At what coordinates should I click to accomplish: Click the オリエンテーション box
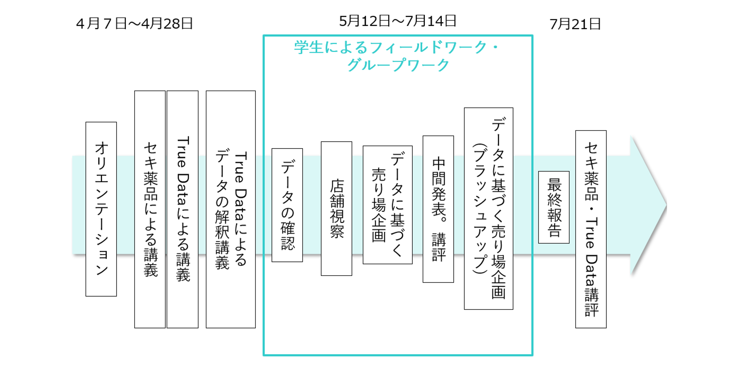[x=101, y=209]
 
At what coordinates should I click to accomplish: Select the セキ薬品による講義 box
[x=150, y=209]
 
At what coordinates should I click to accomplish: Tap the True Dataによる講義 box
[x=183, y=209]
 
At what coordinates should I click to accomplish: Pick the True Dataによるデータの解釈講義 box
[x=231, y=209]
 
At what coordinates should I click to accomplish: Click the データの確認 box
[x=287, y=205]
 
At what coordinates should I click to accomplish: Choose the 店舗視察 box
[x=337, y=209]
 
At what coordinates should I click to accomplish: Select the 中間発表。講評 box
[x=438, y=209]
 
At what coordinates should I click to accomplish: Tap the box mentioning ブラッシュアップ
[x=489, y=209]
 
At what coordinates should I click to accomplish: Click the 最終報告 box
[x=554, y=207]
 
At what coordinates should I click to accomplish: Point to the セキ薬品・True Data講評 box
[x=591, y=229]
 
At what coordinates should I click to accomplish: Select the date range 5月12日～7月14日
[x=398, y=21]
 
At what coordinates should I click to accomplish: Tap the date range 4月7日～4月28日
[x=135, y=23]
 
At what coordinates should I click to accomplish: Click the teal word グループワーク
[x=398, y=65]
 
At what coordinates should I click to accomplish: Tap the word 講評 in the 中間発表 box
[x=439, y=247]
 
